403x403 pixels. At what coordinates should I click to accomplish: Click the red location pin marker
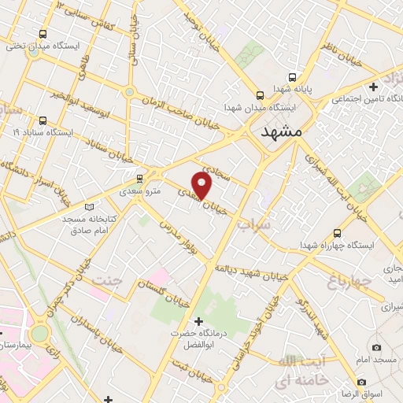coord(202,186)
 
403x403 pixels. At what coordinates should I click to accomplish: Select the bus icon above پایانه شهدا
coord(292,78)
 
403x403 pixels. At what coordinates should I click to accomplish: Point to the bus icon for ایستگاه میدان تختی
coord(41,34)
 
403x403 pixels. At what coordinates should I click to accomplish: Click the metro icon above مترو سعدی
coord(140,178)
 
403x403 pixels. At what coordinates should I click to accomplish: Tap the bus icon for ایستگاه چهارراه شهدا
coord(337,234)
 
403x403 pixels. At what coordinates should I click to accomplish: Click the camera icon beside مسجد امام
coord(377,347)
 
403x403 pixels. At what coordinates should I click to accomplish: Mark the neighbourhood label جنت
coord(108,280)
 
